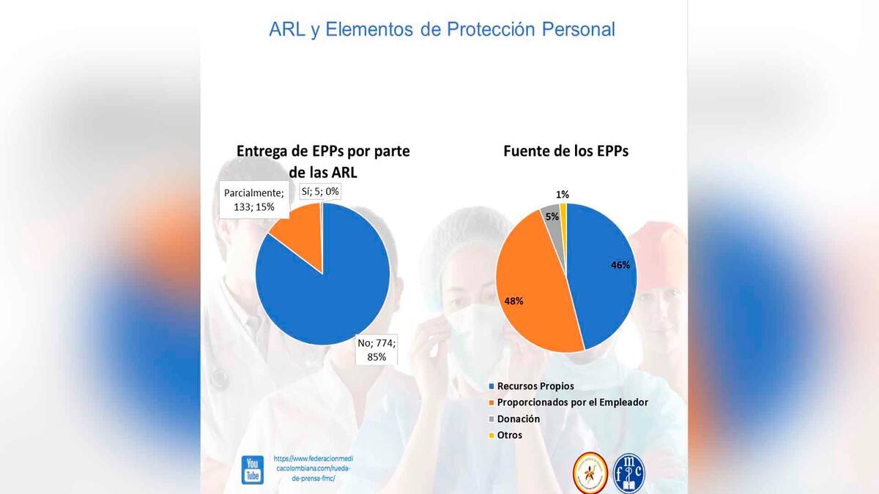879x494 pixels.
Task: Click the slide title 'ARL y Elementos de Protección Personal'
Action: pos(442,30)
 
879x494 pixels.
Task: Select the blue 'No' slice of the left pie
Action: pos(330,285)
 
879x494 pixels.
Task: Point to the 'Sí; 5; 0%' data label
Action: pos(321,192)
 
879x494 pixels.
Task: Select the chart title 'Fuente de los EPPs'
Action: pos(565,151)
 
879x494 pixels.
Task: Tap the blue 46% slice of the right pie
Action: pos(601,271)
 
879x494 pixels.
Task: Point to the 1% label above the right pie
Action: pos(563,195)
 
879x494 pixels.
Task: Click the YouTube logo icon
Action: pos(253,470)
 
